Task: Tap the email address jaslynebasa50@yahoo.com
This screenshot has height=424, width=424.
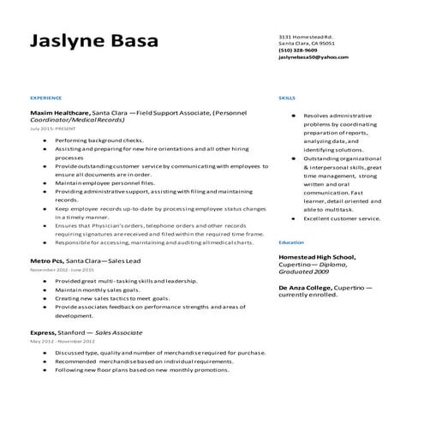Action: tap(314, 57)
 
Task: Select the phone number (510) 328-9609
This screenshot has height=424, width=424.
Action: tap(298, 51)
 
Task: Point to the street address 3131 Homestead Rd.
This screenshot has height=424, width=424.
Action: tap(306, 37)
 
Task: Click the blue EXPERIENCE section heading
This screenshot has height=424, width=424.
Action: tap(45, 99)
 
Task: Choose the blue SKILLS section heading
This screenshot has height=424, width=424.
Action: tap(287, 99)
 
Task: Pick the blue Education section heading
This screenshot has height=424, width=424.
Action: tap(291, 242)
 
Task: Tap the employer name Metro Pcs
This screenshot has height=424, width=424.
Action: tap(46, 259)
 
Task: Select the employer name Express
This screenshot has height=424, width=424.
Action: tap(43, 331)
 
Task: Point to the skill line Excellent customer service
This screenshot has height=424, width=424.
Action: tap(342, 218)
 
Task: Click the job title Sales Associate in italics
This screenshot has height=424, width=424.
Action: tap(119, 331)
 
